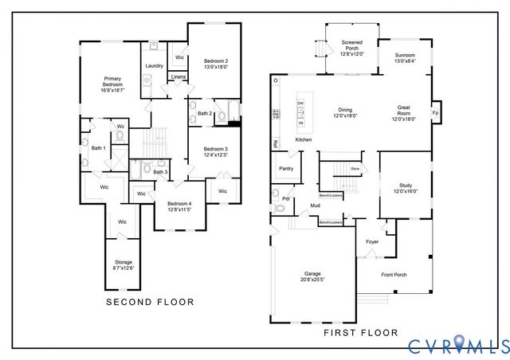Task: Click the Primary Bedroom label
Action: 112,85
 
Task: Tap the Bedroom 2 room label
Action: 215,65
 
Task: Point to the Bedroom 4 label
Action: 178,206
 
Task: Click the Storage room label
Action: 123,265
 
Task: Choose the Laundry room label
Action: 154,66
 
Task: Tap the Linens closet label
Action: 178,77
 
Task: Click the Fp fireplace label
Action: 435,113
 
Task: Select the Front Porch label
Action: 394,275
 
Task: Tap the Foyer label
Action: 372,241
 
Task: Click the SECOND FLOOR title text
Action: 151,302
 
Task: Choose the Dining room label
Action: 345,112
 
